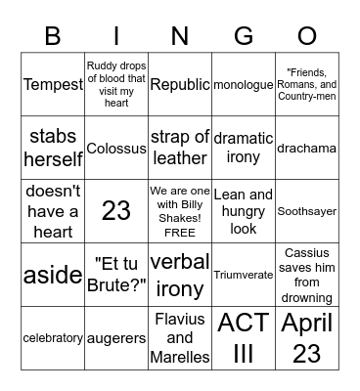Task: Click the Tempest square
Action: click(x=53, y=85)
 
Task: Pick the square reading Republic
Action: click(x=180, y=85)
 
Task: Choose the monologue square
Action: click(x=244, y=85)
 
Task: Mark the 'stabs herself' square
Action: click(x=53, y=148)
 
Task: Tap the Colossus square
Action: click(x=116, y=149)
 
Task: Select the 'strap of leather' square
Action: click(x=180, y=148)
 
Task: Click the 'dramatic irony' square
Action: click(x=244, y=148)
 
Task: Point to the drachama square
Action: click(x=307, y=149)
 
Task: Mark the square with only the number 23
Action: click(x=116, y=211)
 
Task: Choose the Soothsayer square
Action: click(x=307, y=211)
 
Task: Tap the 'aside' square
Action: click(x=53, y=275)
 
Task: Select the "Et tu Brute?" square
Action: click(x=116, y=275)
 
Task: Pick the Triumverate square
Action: click(x=244, y=275)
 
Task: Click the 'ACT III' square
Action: click(x=244, y=337)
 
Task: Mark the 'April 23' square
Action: click(x=307, y=337)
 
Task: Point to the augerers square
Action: click(x=116, y=337)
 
